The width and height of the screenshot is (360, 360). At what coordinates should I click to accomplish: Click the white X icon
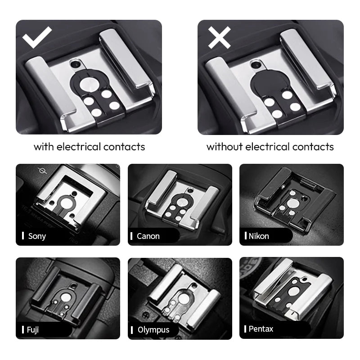pos(219,37)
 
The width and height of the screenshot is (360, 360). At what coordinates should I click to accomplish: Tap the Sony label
pos(37,236)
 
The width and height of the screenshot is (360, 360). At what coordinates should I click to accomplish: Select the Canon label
pos(148,236)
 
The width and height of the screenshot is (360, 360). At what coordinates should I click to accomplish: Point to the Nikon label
pos(259,236)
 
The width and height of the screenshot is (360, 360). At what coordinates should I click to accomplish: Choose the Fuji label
pos(33,330)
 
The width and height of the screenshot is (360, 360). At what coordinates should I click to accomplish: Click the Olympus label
pos(153,330)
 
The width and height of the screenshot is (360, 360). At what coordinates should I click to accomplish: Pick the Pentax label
pos(261,329)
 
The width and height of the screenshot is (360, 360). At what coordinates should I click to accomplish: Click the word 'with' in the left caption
pos(44,147)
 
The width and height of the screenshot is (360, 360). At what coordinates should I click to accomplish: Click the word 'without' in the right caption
pos(225,147)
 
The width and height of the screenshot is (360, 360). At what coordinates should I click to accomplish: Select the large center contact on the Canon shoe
pos(181,202)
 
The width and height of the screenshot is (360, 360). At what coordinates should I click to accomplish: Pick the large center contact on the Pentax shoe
pos(293,292)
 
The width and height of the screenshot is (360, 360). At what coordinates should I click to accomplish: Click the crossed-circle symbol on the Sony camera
pos(42,171)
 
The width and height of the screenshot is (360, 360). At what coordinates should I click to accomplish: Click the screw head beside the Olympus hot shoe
pos(145,316)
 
